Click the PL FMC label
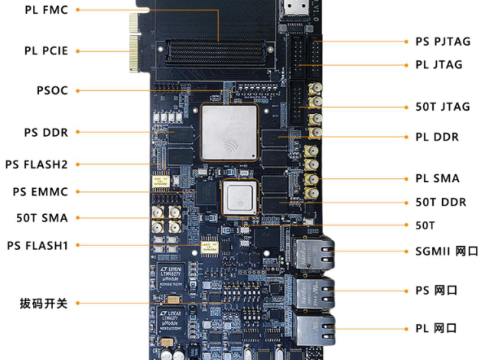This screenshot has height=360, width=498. point(46,11)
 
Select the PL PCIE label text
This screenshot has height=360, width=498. point(46,51)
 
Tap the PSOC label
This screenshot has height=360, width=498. point(52,90)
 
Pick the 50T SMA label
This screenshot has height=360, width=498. point(41,218)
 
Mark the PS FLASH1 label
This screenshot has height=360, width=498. point(37,245)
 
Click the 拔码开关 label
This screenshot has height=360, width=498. point(44,303)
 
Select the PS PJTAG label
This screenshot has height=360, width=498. point(443,41)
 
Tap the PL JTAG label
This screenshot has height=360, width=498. point(439,65)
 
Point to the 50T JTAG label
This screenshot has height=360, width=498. point(442,107)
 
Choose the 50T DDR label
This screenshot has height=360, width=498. point(441,203)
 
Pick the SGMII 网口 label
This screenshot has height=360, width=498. point(447,251)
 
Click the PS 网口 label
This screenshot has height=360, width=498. point(436,290)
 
